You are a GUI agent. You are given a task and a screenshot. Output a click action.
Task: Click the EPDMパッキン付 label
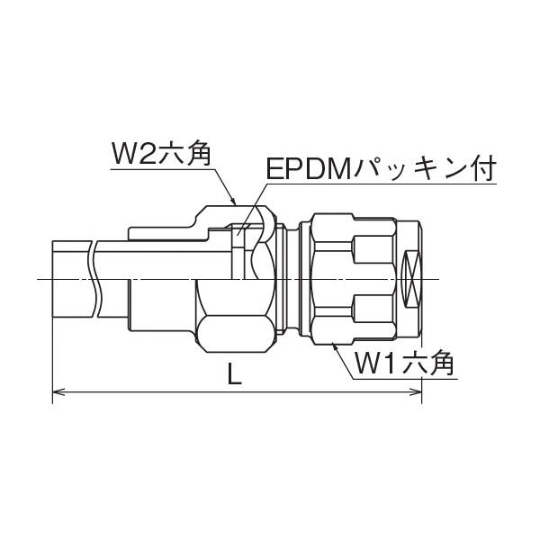point(379,170)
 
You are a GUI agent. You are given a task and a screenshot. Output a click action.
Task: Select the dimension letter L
point(235,377)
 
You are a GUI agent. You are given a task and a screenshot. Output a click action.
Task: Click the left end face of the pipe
point(54,279)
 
